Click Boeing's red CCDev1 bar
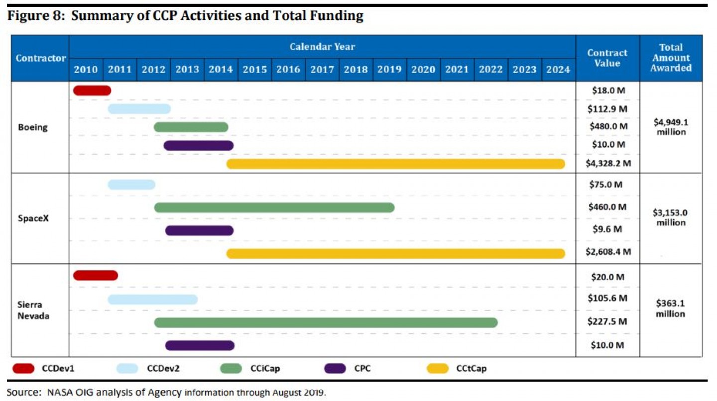pyautogui.click(x=92, y=91)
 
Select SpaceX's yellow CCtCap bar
pyautogui.click(x=395, y=254)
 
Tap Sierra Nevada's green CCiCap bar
pyautogui.click(x=326, y=322)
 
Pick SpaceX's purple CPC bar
pyautogui.click(x=199, y=230)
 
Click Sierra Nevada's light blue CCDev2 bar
pyautogui.click(x=152, y=300)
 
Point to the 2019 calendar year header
pyautogui.click(x=390, y=70)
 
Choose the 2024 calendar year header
pyautogui.click(x=558, y=70)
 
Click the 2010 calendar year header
pyautogui.click(x=86, y=70)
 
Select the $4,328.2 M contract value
pyautogui.click(x=607, y=163)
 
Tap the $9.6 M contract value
pyautogui.click(x=607, y=229)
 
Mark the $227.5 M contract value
pyautogui.click(x=607, y=321)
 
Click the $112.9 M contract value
pyautogui.click(x=607, y=108)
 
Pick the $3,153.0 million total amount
pyautogui.click(x=670, y=217)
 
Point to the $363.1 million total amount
pyautogui.click(x=670, y=308)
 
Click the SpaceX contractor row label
pyautogui.click(x=32, y=218)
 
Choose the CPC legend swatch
pyautogui.click(x=335, y=369)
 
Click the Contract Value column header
pyautogui.click(x=607, y=58)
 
